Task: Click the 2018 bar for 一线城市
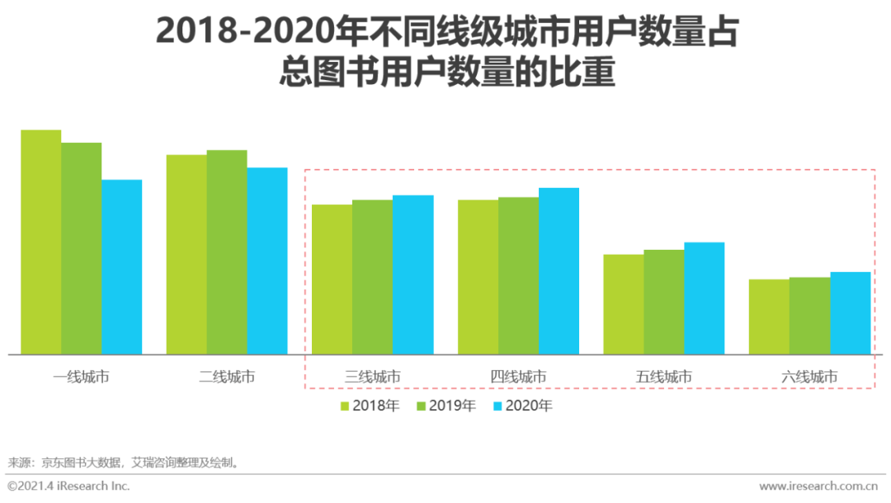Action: tap(40, 242)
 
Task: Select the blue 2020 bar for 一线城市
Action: tap(121, 267)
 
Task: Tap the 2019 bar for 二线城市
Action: tap(227, 252)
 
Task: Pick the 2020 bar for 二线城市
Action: tap(267, 261)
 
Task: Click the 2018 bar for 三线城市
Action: tap(332, 280)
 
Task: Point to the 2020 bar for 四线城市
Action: tap(559, 271)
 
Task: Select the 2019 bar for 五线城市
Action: tap(663, 302)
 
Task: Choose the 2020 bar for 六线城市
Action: tap(850, 313)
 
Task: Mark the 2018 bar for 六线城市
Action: tap(769, 317)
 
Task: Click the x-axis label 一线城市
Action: tap(81, 377)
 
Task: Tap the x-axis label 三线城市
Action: tap(372, 377)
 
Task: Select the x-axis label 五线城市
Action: tap(663, 377)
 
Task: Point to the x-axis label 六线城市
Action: tap(809, 377)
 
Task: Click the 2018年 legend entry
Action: tap(370, 406)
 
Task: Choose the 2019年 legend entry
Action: tap(446, 406)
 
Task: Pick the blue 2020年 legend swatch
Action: tap(497, 406)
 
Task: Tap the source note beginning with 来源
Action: tap(124, 462)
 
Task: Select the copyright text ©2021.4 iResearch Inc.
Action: tap(69, 486)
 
